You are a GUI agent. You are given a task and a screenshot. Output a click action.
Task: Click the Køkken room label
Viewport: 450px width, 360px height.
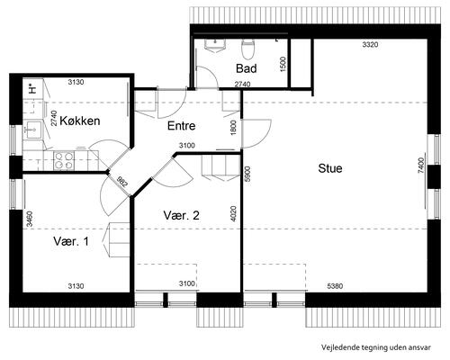80,121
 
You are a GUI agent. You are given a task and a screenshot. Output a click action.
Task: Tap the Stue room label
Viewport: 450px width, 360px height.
330,168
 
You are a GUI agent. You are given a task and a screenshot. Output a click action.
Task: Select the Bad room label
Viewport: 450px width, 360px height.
247,68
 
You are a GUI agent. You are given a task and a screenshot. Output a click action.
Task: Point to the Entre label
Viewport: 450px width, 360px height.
181,126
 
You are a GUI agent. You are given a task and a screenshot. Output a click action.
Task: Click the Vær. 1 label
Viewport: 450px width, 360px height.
71,241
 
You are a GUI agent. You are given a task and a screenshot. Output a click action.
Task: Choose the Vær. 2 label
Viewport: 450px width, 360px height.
181,215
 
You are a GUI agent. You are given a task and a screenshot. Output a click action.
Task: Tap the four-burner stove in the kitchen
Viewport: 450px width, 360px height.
64,160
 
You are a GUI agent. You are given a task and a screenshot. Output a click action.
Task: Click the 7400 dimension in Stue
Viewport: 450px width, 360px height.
421,166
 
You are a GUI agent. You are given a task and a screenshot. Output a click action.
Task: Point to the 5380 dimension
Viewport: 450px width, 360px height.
335,286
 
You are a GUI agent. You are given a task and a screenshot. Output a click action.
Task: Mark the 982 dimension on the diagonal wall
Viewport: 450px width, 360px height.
122,182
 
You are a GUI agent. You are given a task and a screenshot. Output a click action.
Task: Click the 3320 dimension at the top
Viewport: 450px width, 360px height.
370,45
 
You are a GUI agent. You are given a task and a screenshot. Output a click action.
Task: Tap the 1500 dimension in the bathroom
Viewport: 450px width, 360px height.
283,64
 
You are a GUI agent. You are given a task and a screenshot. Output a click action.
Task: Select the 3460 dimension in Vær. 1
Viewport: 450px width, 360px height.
30,219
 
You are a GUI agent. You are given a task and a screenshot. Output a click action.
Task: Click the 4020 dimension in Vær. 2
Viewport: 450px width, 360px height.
234,213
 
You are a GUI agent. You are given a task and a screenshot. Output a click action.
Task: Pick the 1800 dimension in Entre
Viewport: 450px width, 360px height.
234,128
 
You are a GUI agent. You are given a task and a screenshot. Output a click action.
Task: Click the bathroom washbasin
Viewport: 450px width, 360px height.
215,45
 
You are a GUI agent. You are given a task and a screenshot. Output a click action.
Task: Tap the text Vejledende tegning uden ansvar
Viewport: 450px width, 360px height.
376,347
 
